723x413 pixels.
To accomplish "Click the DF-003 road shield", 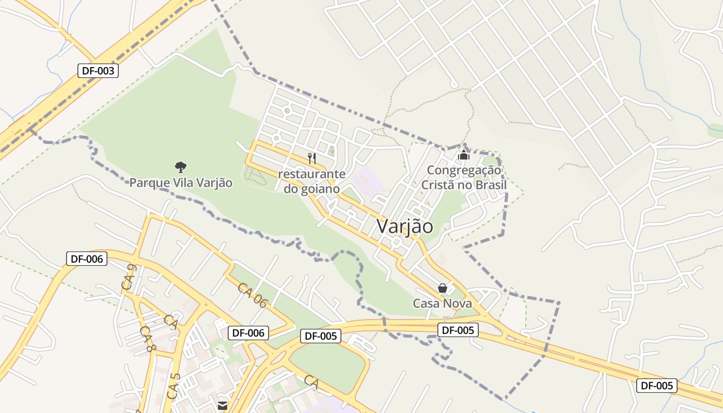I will click(x=98, y=71).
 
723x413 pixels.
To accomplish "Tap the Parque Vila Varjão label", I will click(x=181, y=183).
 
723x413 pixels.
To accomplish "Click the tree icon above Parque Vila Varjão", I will click(x=180, y=167).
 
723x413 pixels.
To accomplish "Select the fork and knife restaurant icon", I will click(x=312, y=158).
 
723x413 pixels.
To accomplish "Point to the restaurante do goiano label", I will click(x=311, y=181).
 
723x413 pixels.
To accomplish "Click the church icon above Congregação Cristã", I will click(x=464, y=154).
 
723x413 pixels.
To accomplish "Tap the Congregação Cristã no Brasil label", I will click(x=464, y=177).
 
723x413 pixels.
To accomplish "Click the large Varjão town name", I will click(x=405, y=226).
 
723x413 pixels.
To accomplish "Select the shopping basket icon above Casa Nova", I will click(x=443, y=288).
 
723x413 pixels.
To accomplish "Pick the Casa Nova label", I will click(x=442, y=303).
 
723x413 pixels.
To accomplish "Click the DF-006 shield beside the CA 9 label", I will click(x=87, y=259).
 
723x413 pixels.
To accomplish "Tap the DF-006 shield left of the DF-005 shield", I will click(x=248, y=333).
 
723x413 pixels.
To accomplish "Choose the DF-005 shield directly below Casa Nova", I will click(x=458, y=330).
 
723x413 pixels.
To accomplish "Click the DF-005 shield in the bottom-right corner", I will click(x=656, y=385).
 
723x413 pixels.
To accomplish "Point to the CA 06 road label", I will click(x=252, y=295).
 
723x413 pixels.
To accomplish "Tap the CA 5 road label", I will click(x=174, y=386).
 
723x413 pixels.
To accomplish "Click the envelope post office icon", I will click(x=223, y=406).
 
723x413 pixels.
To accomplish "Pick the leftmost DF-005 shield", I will click(x=321, y=336).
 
